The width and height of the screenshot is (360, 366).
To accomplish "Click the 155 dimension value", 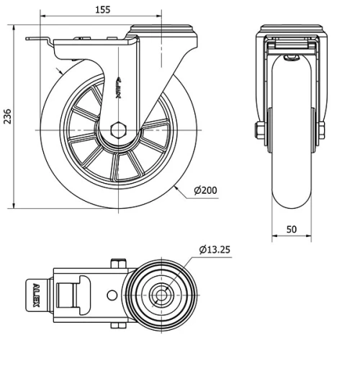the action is point(103,10).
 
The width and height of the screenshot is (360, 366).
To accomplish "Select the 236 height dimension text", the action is point(8,117).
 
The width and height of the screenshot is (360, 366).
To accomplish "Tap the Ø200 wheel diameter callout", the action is point(205,190).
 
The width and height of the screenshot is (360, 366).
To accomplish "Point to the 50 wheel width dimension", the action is point(292,229).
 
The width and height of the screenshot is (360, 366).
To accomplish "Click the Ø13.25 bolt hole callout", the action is point(215,249).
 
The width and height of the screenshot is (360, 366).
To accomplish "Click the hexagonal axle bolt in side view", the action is point(118,130).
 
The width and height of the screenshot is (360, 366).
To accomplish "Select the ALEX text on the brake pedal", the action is point(36,295).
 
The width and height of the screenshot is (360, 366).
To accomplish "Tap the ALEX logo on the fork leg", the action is point(119,88).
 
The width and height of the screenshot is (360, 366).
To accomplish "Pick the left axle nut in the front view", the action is point(260,130).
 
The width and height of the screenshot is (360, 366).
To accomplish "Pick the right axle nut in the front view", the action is point(321,130).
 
